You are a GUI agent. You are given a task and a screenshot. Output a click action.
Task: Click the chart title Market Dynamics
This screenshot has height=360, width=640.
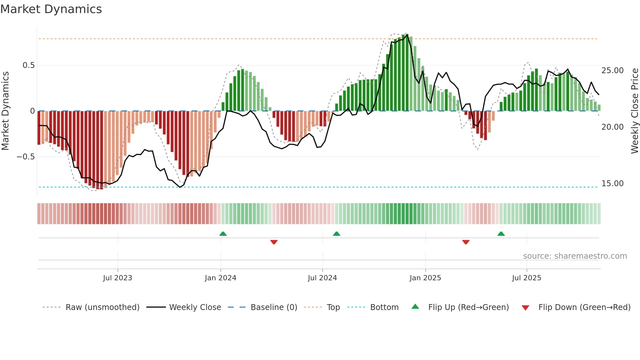pos(51,9)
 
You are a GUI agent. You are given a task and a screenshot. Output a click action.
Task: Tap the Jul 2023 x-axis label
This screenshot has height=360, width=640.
pos(118,278)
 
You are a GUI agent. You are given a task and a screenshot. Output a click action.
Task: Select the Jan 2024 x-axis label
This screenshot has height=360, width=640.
pos(220,278)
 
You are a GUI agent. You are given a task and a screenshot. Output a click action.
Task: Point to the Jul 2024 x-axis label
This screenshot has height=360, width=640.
pos(322,278)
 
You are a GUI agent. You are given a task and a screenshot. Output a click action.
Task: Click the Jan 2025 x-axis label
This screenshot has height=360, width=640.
pos(425,278)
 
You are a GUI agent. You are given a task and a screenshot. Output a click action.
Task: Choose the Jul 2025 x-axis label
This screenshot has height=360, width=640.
pos(526,278)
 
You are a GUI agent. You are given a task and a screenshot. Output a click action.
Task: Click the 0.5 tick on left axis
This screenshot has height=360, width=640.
pos(28,65)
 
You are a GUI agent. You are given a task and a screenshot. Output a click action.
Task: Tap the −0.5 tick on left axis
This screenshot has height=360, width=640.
pos(25,157)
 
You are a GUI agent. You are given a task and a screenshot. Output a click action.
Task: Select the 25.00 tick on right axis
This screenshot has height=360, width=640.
pos(613,71)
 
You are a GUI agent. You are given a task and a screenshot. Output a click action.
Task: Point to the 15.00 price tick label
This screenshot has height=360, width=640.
pos(613,184)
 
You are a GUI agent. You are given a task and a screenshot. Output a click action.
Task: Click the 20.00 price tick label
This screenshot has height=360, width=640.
pos(613,127)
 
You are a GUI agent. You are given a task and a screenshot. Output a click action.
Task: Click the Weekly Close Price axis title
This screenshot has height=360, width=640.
pos(634,111)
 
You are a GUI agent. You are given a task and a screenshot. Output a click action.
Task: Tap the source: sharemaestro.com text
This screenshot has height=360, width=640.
pos(575,256)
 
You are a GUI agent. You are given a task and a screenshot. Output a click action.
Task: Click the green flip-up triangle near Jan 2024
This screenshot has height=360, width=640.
pos(223,234)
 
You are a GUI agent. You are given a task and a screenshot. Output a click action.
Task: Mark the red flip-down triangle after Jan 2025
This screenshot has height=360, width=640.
pos(466,242)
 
